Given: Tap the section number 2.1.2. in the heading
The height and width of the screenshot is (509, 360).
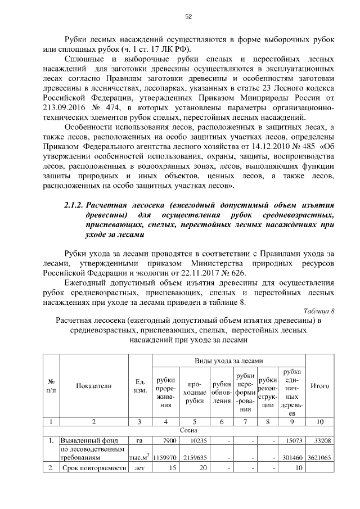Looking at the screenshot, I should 76,205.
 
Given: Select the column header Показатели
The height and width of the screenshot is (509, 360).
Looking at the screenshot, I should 94,386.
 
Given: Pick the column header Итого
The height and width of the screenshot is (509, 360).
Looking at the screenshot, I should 320,386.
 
